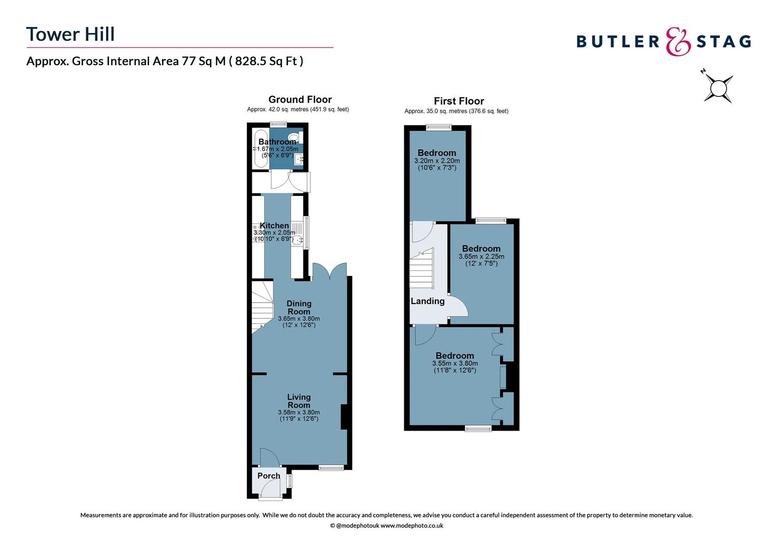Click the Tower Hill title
tap(70, 34)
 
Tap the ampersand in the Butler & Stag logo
tap(678, 41)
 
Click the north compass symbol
tap(718, 88)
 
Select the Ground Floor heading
tap(300, 99)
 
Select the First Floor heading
tap(459, 101)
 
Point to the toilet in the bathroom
tap(294, 137)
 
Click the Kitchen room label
tap(274, 226)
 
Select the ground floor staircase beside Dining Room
tap(262, 306)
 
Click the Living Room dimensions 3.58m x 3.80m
tap(299, 412)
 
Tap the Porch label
tap(269, 475)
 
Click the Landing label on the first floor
tap(427, 301)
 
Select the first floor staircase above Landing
tap(422, 268)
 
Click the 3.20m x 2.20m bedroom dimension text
tap(437, 161)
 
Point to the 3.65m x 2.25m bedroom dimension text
tap(481, 257)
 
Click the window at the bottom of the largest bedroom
tap(478, 429)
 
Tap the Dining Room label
tap(299, 307)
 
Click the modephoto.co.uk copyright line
tap(386, 525)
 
